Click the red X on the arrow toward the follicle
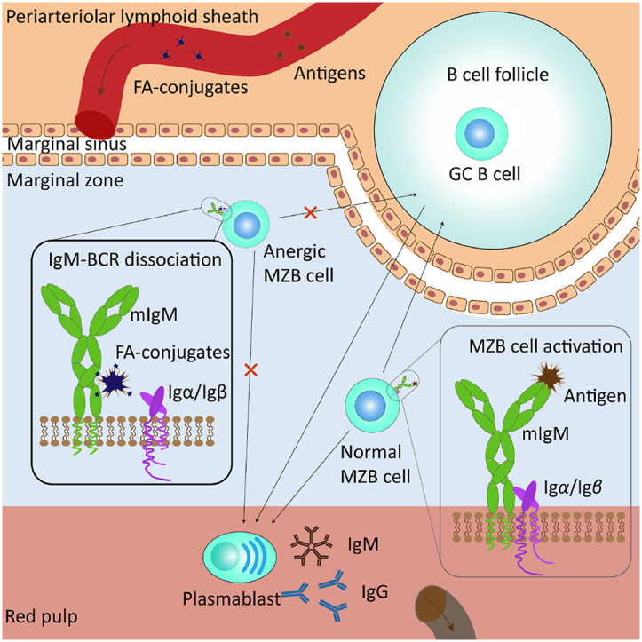[311, 213]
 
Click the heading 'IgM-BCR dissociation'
[123, 260]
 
